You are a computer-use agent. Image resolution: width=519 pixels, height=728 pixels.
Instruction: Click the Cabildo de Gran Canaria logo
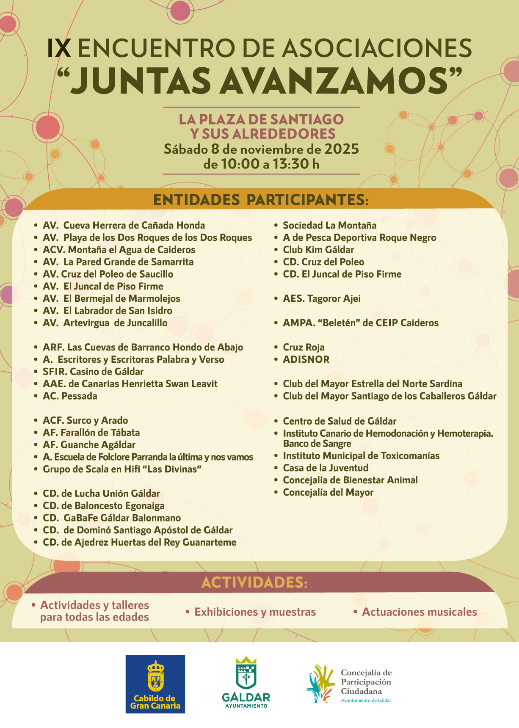[x=155, y=684]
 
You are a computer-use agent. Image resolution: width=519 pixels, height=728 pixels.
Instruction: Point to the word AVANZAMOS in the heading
[x=334, y=80]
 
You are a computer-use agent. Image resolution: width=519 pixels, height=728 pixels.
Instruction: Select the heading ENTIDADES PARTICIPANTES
[x=260, y=200]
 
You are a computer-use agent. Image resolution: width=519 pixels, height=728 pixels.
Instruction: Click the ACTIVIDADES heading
[x=254, y=582]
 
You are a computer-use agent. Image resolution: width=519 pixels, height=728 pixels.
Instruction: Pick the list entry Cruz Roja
[x=304, y=347]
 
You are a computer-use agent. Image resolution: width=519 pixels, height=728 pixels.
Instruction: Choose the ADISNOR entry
[x=306, y=359]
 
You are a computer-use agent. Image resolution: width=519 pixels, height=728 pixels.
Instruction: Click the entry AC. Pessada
[x=70, y=396]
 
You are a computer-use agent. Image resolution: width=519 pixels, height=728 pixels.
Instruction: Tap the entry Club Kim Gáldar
[x=318, y=250]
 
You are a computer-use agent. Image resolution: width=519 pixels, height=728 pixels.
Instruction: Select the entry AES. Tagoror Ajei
[x=322, y=298]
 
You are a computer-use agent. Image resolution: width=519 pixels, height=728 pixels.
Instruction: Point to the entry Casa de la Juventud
[x=326, y=468]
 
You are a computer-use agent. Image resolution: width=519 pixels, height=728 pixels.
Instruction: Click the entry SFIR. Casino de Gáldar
[x=93, y=372]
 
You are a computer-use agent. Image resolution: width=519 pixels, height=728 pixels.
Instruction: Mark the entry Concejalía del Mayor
[x=328, y=492]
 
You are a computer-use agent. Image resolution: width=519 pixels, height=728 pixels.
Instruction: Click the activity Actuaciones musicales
[x=419, y=612]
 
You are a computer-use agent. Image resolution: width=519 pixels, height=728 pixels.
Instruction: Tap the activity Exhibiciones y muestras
[x=255, y=612]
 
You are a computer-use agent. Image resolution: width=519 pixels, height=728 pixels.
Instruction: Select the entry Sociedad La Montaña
[x=329, y=225]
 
